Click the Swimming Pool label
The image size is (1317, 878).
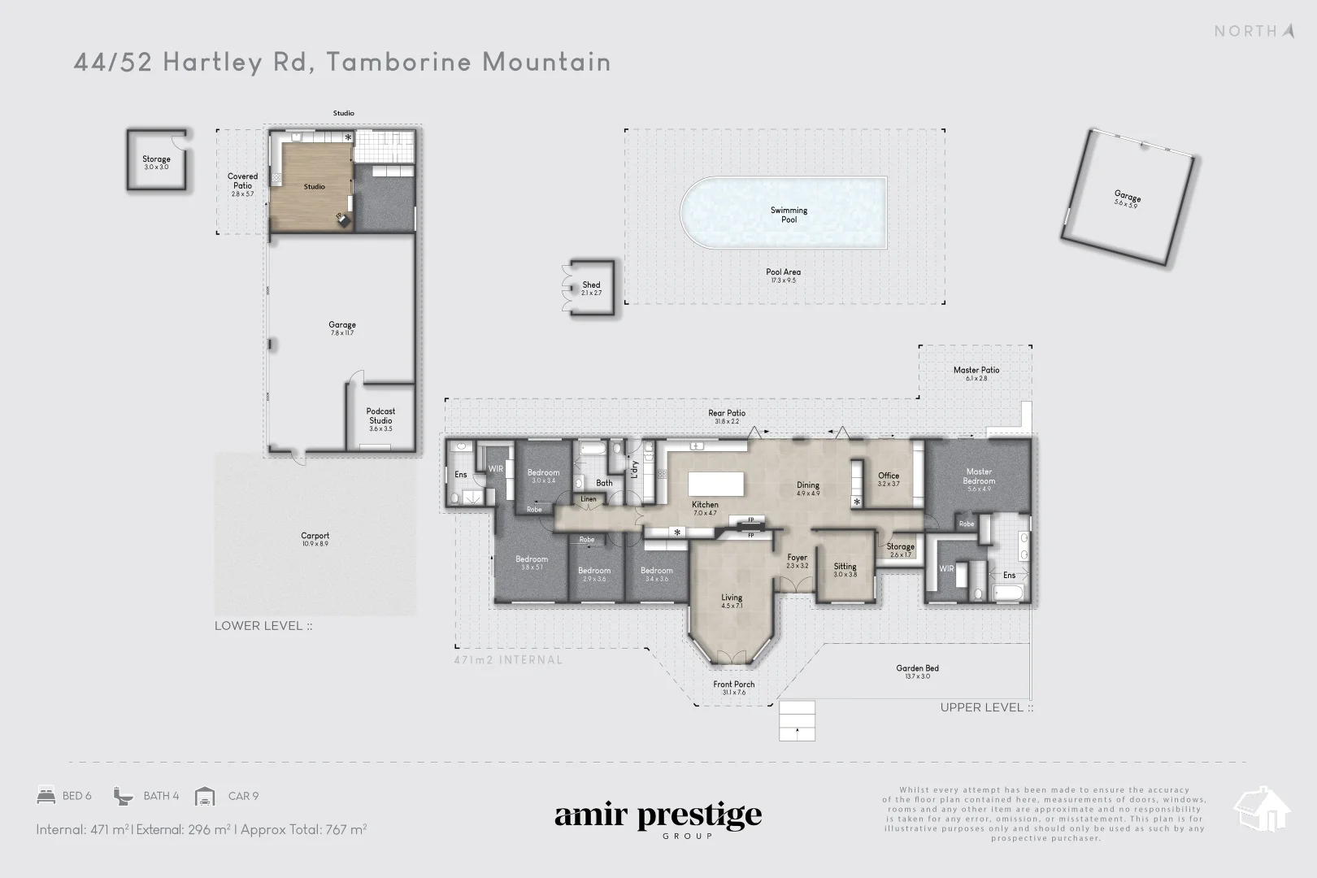coord(789,215)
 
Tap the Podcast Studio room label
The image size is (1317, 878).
coord(380,416)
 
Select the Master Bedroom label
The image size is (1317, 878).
coord(979,476)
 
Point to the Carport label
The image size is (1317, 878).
coord(315,537)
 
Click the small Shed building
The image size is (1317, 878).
coord(591,288)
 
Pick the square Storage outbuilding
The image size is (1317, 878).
coord(156,161)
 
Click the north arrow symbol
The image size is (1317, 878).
coord(1288,31)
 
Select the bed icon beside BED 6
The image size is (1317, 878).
coord(46,796)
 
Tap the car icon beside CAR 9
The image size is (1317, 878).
coord(206,796)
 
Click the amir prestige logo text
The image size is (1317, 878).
coord(658,815)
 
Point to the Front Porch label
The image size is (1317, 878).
coord(734,685)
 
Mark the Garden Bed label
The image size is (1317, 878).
coord(918,669)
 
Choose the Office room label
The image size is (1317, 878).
coord(889,476)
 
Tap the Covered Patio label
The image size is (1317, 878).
coord(242,181)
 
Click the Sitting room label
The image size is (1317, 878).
coord(845,567)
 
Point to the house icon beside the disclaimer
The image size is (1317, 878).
coord(1262,808)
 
